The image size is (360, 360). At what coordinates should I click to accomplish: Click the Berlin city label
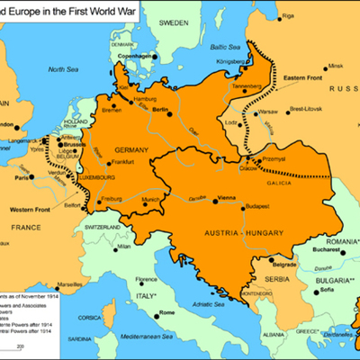tap(162, 108)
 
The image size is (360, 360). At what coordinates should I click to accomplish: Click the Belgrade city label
tap(285, 266)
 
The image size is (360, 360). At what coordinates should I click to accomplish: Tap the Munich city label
tap(152, 200)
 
